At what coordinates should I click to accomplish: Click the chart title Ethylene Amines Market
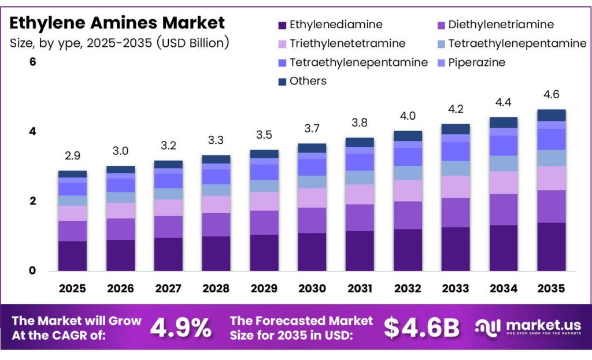tap(117, 23)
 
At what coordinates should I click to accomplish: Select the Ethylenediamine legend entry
tap(330, 25)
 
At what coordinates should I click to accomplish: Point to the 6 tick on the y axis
tap(32, 61)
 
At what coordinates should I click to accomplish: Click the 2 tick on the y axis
tap(32, 201)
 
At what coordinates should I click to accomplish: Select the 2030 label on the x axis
tap(312, 288)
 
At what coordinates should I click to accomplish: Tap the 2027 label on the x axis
tap(168, 288)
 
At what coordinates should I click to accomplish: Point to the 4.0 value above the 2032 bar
tap(407, 116)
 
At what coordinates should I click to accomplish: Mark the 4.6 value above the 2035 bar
tap(551, 95)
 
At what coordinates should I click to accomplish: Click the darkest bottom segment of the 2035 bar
tap(551, 247)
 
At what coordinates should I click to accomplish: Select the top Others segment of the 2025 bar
tap(72, 174)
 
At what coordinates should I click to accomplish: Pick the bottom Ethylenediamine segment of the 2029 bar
tap(264, 253)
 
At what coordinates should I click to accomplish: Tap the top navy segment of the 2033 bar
tap(455, 129)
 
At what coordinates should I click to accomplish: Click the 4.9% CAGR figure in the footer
tap(180, 328)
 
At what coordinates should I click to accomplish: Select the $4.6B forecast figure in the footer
tap(421, 328)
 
